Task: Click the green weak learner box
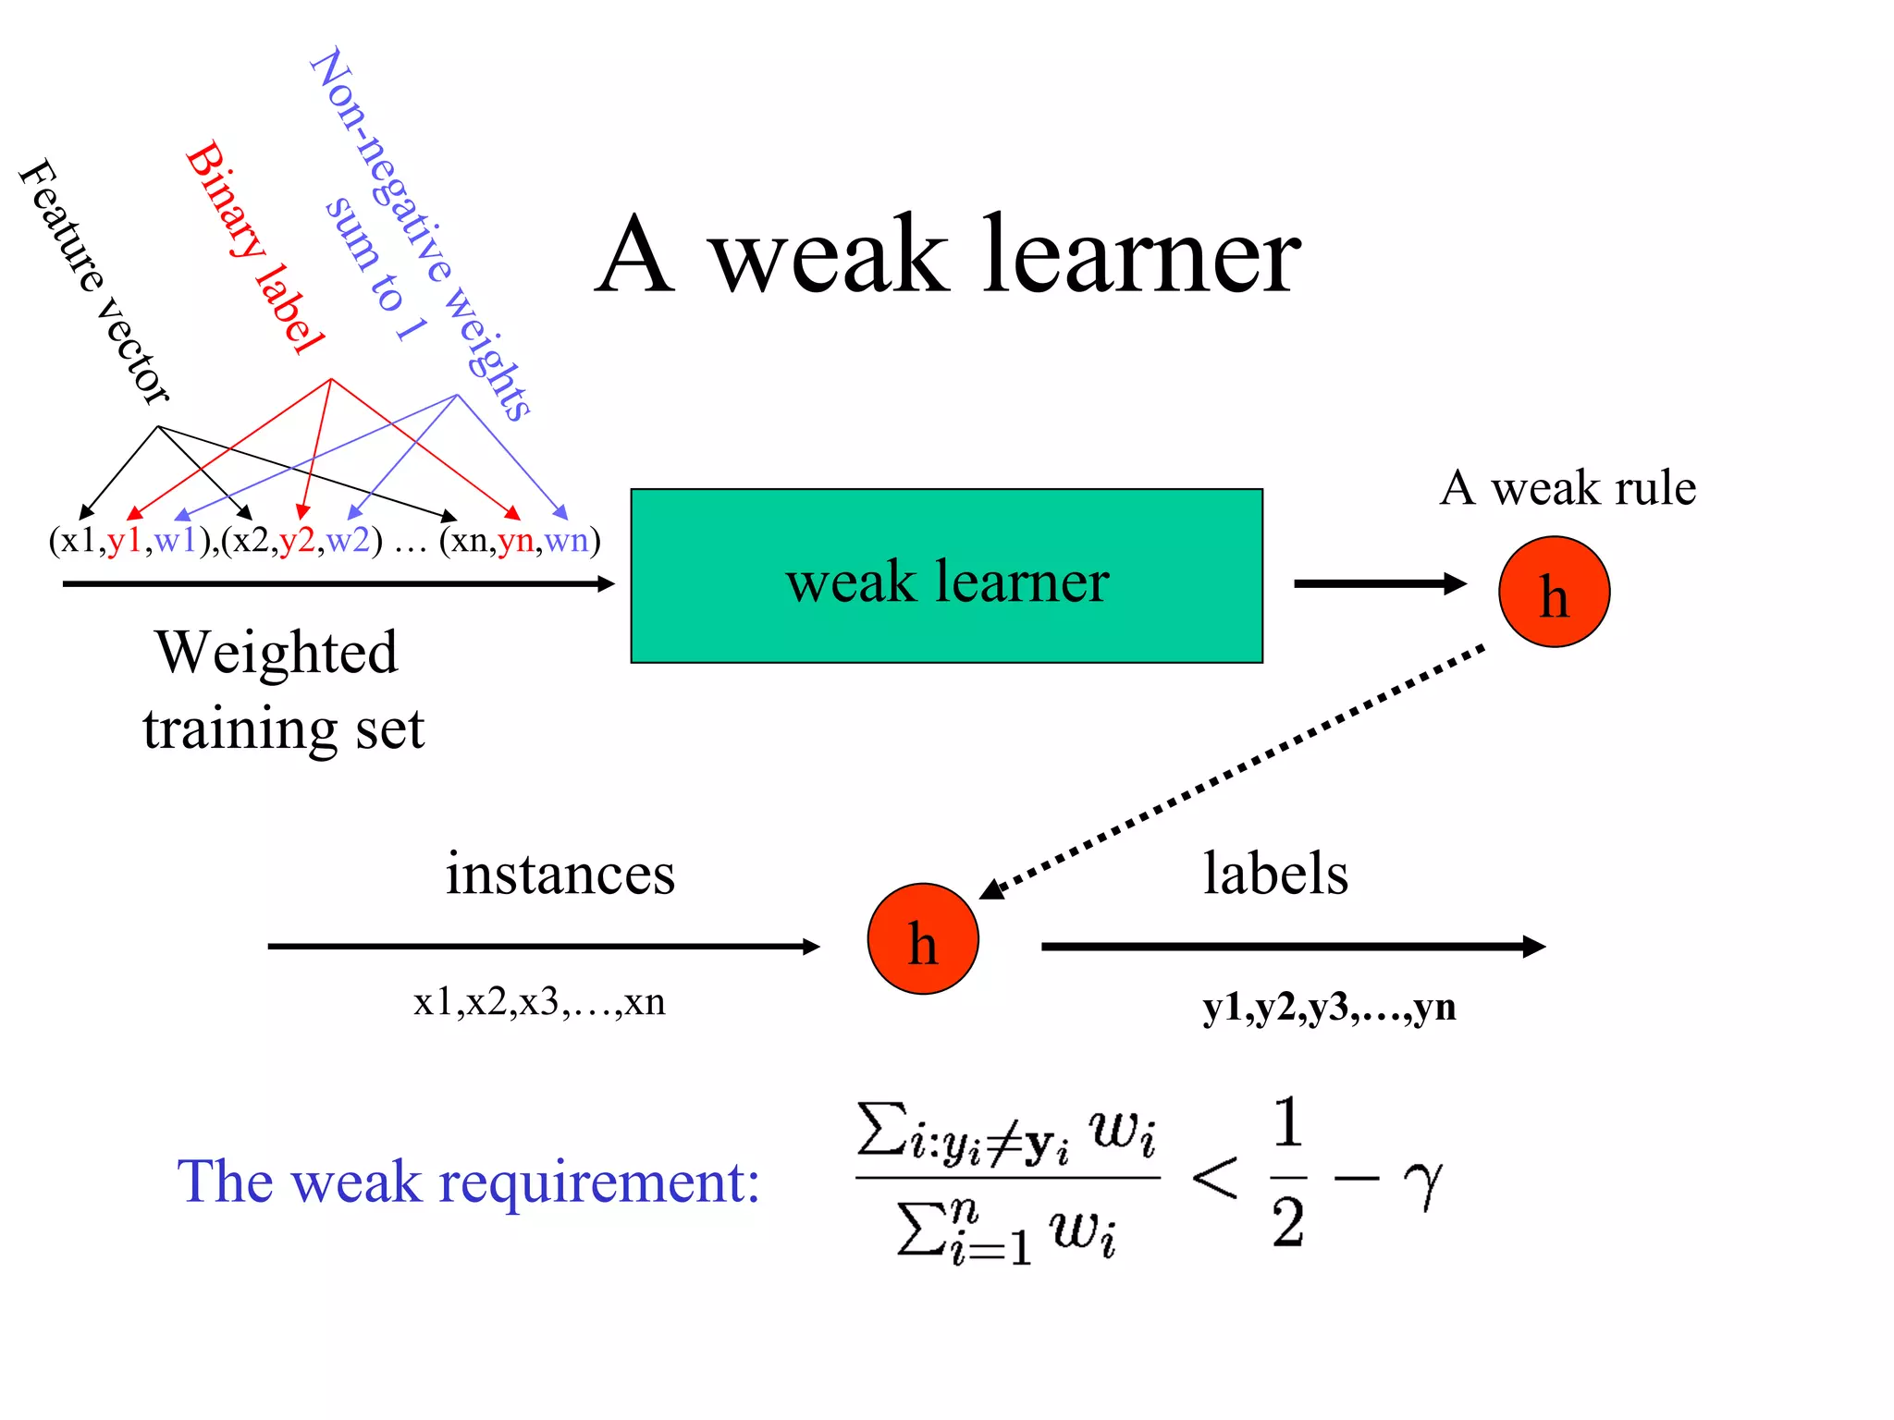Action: click(946, 576)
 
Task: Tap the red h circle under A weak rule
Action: click(1554, 592)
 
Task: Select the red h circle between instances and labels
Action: click(922, 938)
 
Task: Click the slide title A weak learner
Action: click(947, 254)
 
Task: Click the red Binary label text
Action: click(254, 248)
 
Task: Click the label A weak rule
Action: click(1568, 488)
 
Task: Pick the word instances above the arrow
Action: click(560, 874)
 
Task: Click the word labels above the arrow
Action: click(1275, 874)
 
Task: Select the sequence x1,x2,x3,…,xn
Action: click(539, 1002)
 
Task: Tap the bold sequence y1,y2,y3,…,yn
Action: click(1329, 1007)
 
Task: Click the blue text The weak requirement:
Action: click(468, 1181)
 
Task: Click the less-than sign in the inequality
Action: click(1214, 1179)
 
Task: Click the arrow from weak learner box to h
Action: click(1378, 583)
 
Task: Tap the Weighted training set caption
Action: click(281, 690)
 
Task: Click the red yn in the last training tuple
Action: click(515, 540)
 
